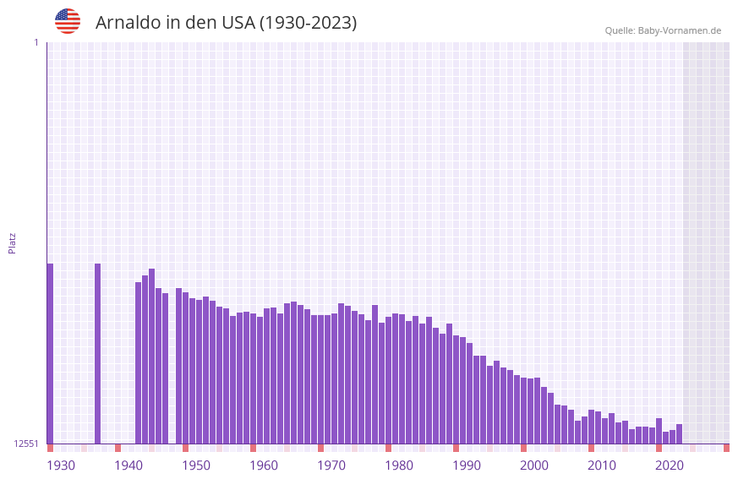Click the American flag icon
pyautogui.click(x=68, y=21)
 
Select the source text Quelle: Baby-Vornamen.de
pyautogui.click(x=663, y=30)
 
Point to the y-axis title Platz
pyautogui.click(x=12, y=242)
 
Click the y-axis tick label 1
pyautogui.click(x=36, y=42)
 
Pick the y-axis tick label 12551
pyautogui.click(x=26, y=444)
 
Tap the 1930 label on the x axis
pyautogui.click(x=61, y=465)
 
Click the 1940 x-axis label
pyautogui.click(x=128, y=465)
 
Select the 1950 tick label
pyautogui.click(x=196, y=465)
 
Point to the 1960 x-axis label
pyautogui.click(x=264, y=465)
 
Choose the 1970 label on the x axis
pyautogui.click(x=331, y=465)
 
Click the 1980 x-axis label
pyautogui.click(x=399, y=465)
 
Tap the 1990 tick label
pyautogui.click(x=467, y=465)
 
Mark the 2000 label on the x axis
pyautogui.click(x=534, y=465)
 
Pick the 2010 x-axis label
pyautogui.click(x=602, y=465)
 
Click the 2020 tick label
pyautogui.click(x=670, y=465)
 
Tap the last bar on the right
pyautogui.click(x=679, y=433)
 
